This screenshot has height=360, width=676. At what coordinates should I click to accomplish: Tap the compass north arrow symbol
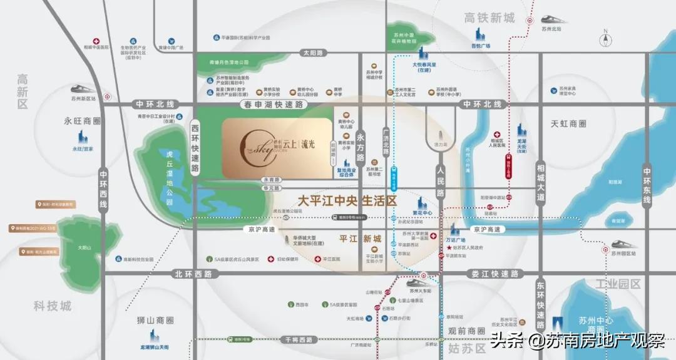click(x=605, y=39)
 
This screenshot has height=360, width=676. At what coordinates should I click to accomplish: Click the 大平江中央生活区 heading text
click(x=347, y=201)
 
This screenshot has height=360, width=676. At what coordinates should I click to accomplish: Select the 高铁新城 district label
click(x=489, y=18)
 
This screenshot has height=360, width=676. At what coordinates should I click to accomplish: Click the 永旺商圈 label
click(x=83, y=121)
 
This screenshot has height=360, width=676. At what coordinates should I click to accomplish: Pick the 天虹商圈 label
click(x=568, y=124)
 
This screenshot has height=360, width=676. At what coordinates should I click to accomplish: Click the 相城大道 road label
click(x=540, y=181)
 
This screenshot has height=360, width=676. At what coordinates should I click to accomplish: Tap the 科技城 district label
click(x=53, y=306)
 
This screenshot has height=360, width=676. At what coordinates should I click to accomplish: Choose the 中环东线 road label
click(x=647, y=185)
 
